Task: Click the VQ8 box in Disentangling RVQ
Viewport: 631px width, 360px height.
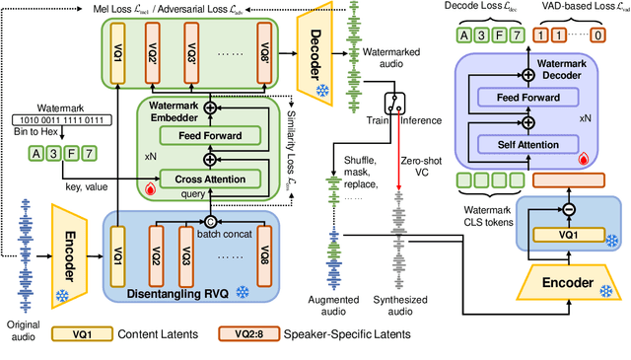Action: pos(264,243)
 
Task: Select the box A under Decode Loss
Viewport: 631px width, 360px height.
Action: pos(462,35)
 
